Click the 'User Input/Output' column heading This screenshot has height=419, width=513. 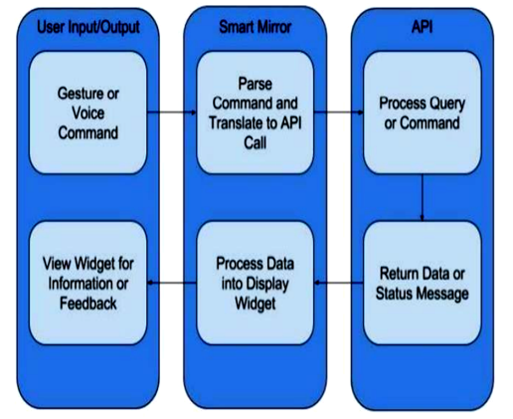88,27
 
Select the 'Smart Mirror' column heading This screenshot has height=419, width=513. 256,27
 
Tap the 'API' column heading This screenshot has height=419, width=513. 422,27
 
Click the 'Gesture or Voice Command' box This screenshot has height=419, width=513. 88,112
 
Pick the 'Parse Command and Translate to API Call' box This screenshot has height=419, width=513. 256,112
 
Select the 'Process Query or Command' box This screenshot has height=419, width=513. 423,112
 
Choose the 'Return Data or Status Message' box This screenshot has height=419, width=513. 423,283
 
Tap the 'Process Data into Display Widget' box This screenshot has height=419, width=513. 256,283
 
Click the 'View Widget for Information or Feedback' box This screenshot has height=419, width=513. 88,283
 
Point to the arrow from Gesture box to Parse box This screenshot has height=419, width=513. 172,112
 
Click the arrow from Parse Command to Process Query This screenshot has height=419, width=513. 339,112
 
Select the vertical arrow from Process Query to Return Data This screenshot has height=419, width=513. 423,197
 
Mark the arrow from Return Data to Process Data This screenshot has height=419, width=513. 339,283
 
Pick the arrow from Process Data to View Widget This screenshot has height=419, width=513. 172,283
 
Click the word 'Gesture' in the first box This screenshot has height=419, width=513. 79,94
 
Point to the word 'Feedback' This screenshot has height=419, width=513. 88,304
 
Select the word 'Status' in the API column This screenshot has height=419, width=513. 393,294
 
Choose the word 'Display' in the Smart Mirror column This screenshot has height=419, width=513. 268,284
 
